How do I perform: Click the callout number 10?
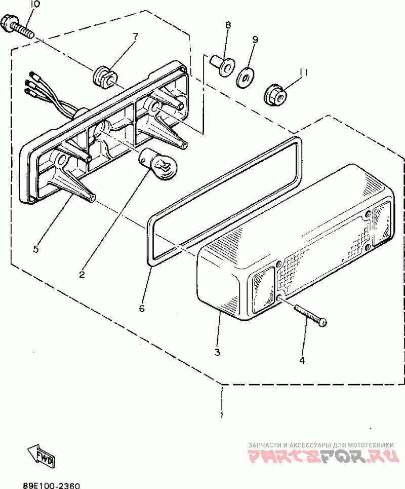(34, 5)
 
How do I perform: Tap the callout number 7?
(135, 36)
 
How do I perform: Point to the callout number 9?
(255, 39)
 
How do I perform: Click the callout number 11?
(303, 72)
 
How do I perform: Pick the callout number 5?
(35, 249)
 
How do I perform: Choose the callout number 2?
(82, 275)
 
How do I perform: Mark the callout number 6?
(142, 308)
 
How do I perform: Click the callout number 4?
(302, 360)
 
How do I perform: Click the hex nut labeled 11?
(276, 94)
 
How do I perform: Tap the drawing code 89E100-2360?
(51, 485)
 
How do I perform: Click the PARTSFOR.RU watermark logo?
(321, 455)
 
